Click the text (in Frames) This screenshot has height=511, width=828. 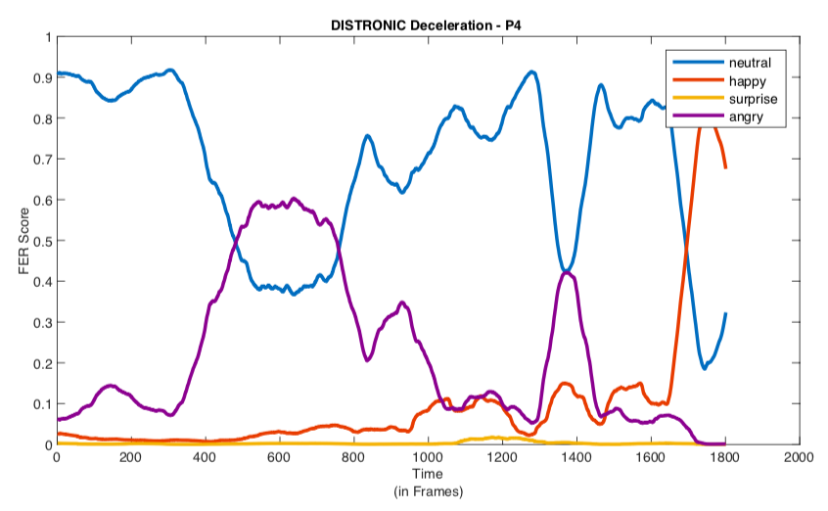click(x=428, y=490)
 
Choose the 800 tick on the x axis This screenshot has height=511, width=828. click(x=353, y=457)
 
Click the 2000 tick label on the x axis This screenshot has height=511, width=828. click(x=799, y=457)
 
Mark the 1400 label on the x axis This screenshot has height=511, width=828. click(x=575, y=457)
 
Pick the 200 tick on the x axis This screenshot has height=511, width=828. click(x=131, y=457)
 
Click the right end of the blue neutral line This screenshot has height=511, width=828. click(x=725, y=314)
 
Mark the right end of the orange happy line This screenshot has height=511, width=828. click(x=725, y=168)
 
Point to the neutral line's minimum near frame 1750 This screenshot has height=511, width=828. click(x=705, y=367)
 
